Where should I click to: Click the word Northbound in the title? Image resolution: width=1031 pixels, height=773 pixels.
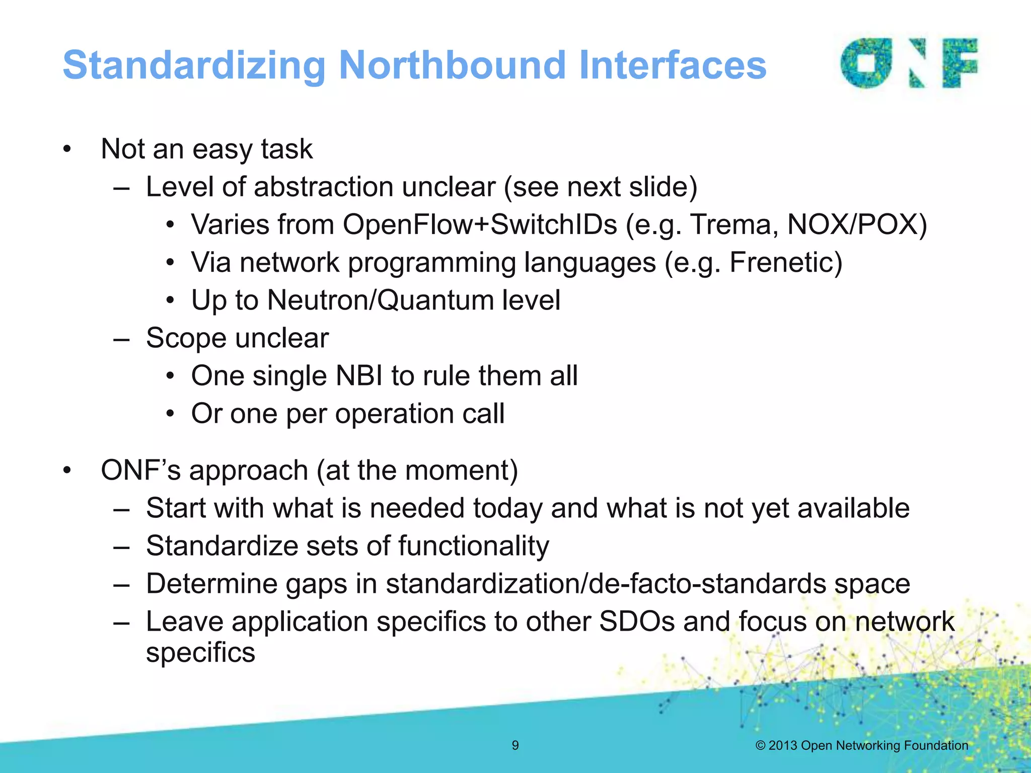point(452,65)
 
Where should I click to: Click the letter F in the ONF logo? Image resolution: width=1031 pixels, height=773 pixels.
point(959,63)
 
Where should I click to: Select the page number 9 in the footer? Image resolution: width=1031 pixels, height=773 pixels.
point(515,745)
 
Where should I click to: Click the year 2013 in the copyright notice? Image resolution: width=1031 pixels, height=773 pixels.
point(783,745)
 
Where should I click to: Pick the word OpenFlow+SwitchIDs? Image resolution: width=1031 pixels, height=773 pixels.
point(480,224)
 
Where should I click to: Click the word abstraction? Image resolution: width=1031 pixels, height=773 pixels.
point(324,187)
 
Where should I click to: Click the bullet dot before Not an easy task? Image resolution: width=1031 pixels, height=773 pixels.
point(67,149)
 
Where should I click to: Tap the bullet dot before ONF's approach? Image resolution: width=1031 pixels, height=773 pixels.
point(67,471)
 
